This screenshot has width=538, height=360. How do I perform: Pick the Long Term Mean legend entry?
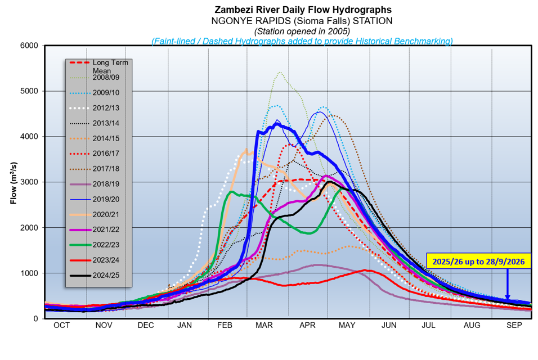click(98, 66)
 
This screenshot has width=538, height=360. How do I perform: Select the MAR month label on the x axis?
click(264, 325)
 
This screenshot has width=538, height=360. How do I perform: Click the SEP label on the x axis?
click(514, 325)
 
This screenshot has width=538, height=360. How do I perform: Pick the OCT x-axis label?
click(62, 325)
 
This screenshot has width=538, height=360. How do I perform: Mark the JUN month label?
click(389, 325)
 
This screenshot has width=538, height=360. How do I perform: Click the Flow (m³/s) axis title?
click(14, 183)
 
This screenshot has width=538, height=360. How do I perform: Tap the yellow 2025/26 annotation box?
click(478, 262)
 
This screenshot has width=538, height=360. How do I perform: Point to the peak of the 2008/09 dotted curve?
click(280, 73)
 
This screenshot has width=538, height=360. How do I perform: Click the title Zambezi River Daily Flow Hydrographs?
click(303, 10)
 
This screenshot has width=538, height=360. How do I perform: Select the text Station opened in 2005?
click(302, 31)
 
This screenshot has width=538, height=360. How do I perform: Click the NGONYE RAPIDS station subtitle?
click(302, 21)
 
